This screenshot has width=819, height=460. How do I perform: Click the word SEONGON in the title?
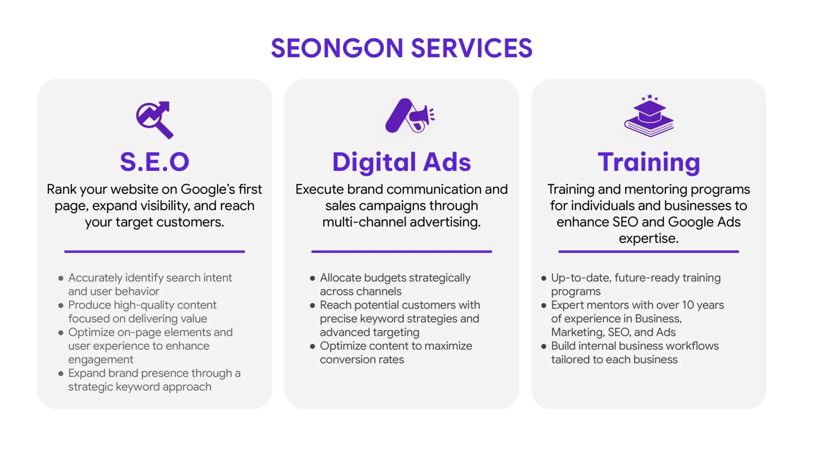[x=337, y=48]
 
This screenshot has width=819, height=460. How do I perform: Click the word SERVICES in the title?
[x=472, y=48]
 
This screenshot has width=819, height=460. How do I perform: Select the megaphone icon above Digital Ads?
[x=409, y=115]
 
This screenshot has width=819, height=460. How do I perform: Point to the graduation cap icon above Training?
[x=649, y=116]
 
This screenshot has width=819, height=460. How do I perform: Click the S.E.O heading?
[x=154, y=162]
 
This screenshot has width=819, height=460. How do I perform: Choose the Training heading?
[x=649, y=163]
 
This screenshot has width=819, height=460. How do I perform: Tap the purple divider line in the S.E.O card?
[x=154, y=252]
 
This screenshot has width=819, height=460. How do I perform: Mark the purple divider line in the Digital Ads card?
[x=401, y=252]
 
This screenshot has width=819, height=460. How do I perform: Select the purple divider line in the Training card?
[x=648, y=252]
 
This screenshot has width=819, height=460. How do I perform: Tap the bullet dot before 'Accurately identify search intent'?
[x=61, y=278]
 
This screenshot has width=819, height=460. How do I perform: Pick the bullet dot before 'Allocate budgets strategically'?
[x=312, y=278]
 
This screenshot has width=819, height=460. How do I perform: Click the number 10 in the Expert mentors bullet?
[x=688, y=305]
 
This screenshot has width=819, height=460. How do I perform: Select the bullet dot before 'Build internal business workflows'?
[x=543, y=346]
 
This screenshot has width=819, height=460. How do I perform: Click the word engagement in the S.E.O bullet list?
[x=101, y=360]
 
